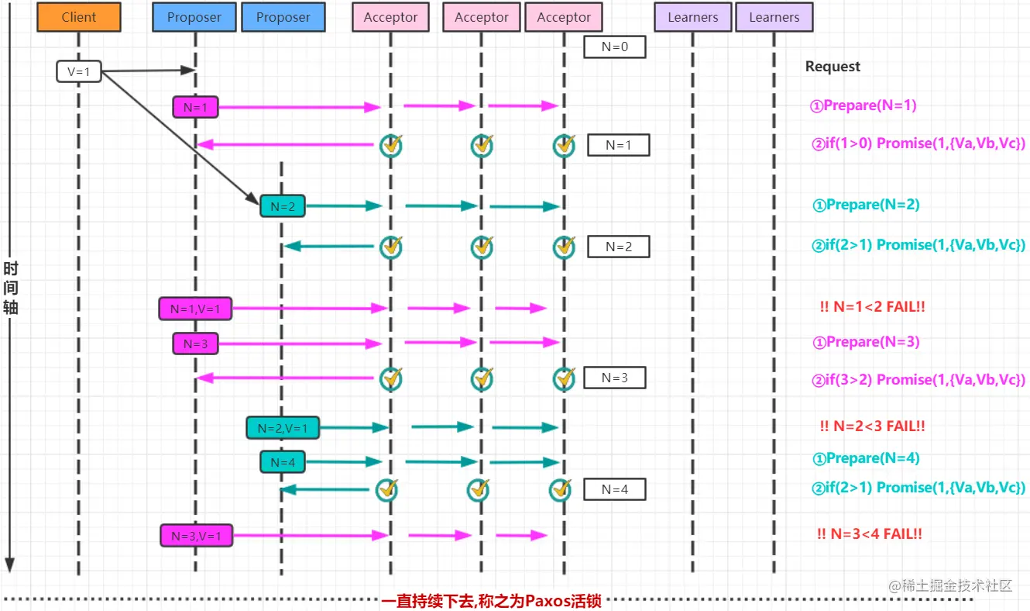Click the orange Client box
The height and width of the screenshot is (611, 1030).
pos(78,17)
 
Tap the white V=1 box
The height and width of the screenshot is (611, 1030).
pos(79,71)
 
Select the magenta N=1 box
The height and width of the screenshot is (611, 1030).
pos(195,108)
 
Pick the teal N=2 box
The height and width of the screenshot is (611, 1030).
pos(283,206)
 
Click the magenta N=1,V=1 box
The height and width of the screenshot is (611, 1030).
pos(195,309)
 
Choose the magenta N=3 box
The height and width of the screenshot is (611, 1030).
pos(195,343)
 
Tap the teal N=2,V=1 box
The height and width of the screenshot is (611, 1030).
pos(283,427)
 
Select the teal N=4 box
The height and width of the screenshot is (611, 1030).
pos(283,462)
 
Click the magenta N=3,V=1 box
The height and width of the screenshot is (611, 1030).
pos(197,535)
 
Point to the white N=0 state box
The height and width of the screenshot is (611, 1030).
pos(615,47)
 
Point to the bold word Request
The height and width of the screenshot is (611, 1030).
pos(833,67)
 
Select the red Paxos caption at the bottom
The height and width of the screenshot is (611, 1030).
pos(491,601)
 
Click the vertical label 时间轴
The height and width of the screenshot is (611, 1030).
pos(11,288)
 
